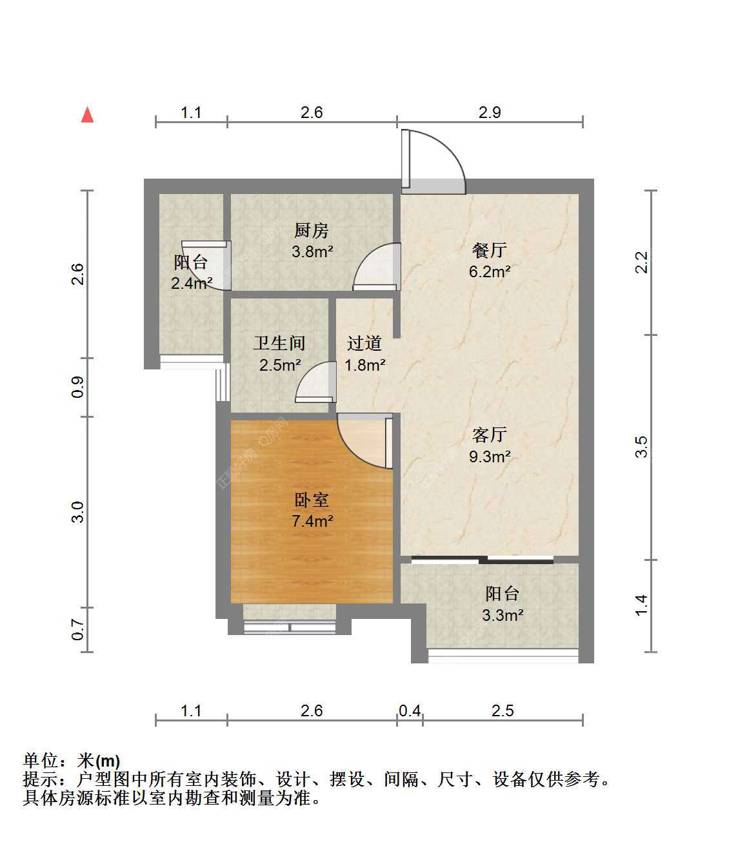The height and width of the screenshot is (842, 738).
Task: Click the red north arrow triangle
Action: coord(87,115)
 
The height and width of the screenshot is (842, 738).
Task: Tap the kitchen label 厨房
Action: coord(312,230)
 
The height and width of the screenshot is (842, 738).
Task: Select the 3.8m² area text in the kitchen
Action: coord(312,251)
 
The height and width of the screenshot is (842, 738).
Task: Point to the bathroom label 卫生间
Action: coord(279,343)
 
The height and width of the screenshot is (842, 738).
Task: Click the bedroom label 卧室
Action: coord(312,500)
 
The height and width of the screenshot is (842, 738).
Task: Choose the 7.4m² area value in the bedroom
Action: coord(313,521)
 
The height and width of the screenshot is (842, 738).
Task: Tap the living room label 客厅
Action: coord(489,435)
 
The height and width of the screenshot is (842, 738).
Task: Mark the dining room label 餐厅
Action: coord(489,250)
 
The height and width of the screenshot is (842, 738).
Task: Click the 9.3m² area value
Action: coord(490,456)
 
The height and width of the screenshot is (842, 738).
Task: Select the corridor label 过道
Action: coord(364,343)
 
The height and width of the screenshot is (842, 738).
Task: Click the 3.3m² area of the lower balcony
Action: coord(503,615)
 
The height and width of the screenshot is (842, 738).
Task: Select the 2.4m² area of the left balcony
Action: coord(192,283)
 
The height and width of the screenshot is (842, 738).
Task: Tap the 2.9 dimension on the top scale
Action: coord(490,112)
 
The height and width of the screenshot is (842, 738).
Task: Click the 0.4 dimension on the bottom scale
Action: coord(410,710)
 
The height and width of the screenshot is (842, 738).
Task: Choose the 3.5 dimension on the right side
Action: coord(642,447)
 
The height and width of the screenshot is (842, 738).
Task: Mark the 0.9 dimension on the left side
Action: coord(77,387)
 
